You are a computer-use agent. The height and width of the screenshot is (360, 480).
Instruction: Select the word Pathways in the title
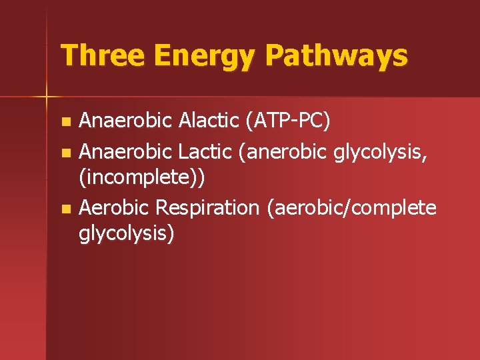tap(335, 56)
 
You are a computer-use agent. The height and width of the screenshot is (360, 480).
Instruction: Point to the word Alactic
tap(209, 121)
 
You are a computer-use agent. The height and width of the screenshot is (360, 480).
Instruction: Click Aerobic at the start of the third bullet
tap(114, 208)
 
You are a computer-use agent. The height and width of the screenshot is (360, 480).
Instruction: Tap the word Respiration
tap(207, 208)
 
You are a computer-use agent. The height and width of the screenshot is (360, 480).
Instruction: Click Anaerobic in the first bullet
tap(125, 121)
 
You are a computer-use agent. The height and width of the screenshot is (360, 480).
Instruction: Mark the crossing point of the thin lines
tap(47, 97)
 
